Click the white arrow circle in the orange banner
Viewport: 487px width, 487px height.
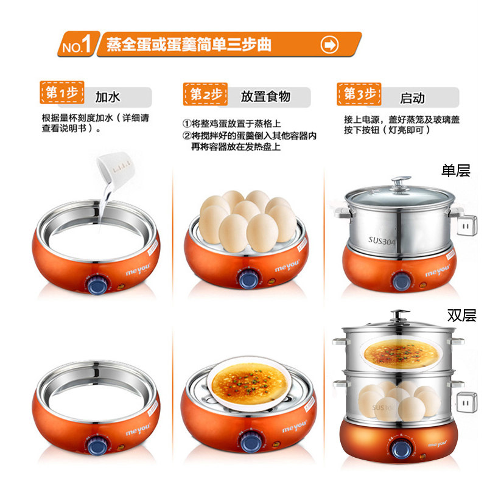coord(329,45)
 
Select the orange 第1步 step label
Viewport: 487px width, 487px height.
coord(62,93)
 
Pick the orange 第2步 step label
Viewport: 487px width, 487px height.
coord(205,94)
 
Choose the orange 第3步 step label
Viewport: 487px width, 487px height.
coord(359,94)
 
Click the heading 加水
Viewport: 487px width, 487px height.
coord(108,97)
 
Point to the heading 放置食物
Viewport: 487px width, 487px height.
coord(265,96)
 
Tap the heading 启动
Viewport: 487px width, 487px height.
coord(412,98)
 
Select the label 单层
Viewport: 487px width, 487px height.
coord(456,170)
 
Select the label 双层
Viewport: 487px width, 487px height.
coord(462,315)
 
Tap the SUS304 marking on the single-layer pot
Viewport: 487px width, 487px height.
coord(382,240)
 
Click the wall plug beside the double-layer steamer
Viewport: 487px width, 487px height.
coord(466,402)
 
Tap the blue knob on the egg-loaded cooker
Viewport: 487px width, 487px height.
coord(248,279)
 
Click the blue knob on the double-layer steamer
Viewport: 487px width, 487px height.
coord(402,449)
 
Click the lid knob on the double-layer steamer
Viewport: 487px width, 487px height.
coord(400,314)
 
